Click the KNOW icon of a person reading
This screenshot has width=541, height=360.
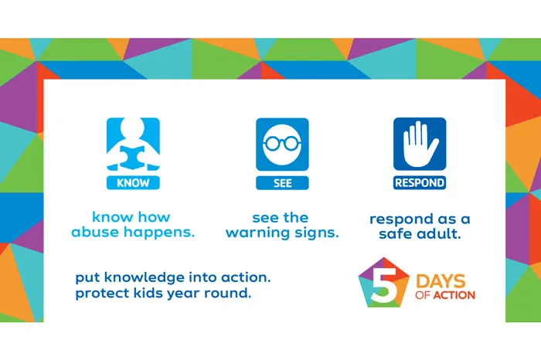[x=133, y=144]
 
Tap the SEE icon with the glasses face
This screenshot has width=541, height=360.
[x=281, y=144]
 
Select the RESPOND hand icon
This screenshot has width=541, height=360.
[x=420, y=144]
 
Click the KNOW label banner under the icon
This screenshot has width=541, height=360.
[x=133, y=183]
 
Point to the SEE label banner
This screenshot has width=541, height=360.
[x=281, y=183]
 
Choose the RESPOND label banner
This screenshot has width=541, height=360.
[x=420, y=183]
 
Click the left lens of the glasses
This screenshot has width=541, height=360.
[x=272, y=143]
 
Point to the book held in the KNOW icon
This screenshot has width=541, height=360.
[x=133, y=157]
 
